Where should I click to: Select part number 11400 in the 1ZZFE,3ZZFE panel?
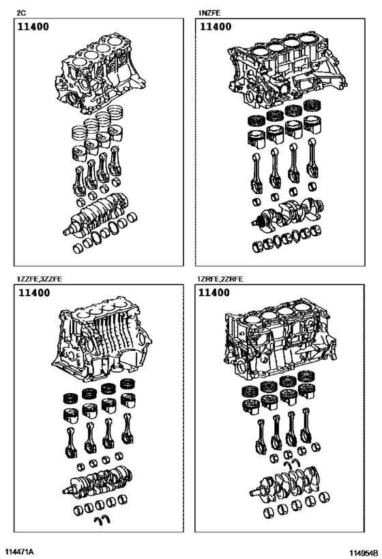click(x=35, y=293)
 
